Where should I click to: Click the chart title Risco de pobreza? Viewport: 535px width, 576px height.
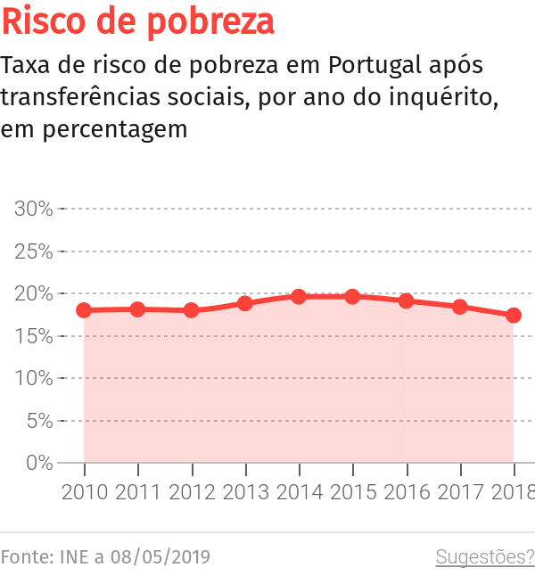click(138, 21)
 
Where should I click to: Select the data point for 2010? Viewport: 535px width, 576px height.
click(85, 310)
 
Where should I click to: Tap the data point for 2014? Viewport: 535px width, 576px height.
click(299, 296)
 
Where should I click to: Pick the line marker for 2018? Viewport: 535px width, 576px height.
click(514, 316)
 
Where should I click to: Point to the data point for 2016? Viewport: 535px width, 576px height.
click(407, 300)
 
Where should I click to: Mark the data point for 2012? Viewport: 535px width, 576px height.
click(192, 310)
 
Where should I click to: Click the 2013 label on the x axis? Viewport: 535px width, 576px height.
click(246, 492)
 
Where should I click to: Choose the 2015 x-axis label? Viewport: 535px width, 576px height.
click(353, 492)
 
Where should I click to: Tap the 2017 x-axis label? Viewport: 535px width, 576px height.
click(460, 492)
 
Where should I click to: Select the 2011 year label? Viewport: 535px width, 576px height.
click(138, 492)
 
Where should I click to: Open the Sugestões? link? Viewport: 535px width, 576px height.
click(484, 557)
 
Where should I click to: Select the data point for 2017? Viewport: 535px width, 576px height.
click(460, 307)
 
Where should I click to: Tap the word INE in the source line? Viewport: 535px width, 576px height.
click(74, 557)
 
